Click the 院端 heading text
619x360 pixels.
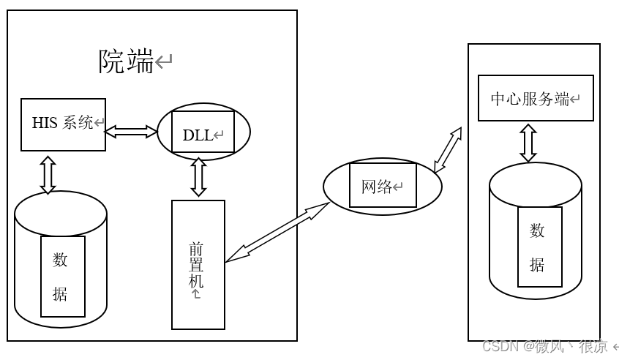127,61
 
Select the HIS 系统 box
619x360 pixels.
63,124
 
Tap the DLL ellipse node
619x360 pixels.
203,132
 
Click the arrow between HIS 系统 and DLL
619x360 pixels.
131,132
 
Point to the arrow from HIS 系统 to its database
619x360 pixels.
48,174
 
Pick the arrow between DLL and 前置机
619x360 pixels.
198,177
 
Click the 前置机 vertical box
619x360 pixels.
198,264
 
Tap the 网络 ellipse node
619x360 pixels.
382,186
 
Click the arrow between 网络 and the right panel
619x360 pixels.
447,150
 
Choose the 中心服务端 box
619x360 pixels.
535,98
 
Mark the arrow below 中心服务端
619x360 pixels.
528,142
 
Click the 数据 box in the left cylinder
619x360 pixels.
62,276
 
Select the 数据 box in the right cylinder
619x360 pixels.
539,247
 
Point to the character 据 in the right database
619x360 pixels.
537,264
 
